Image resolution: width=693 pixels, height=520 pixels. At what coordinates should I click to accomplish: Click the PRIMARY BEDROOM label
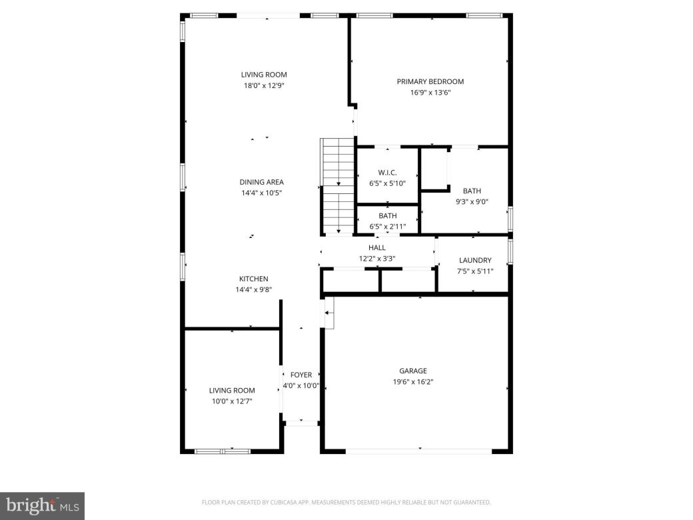(430, 81)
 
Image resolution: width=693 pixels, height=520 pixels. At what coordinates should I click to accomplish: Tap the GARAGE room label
(413, 371)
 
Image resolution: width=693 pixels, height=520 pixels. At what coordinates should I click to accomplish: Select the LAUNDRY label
(475, 260)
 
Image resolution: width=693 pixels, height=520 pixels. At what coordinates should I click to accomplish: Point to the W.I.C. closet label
(387, 172)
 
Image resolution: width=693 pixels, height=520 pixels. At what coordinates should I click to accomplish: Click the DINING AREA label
(262, 182)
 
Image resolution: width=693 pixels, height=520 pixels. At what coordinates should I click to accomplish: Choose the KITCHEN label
(254, 279)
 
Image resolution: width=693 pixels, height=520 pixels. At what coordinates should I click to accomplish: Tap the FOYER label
(301, 375)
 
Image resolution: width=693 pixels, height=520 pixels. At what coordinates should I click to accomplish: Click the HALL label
(377, 247)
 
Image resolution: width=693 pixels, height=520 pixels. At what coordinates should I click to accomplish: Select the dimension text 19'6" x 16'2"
(413, 382)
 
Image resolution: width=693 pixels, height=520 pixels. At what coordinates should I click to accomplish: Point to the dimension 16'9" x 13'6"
(430, 93)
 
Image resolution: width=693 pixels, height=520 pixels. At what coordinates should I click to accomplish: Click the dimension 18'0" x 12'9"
(264, 85)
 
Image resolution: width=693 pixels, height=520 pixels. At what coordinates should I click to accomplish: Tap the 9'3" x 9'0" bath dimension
(472, 202)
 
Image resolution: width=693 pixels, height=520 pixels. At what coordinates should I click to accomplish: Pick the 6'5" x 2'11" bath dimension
(388, 227)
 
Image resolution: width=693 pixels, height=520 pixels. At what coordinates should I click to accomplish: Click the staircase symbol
(338, 185)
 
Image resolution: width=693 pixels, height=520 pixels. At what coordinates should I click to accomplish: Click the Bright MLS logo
(41, 505)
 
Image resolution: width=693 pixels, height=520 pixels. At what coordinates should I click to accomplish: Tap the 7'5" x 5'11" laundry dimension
(475, 271)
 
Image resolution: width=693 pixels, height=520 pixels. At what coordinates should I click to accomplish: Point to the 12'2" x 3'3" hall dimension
(377, 259)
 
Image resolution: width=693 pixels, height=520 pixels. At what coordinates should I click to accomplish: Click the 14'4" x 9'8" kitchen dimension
(254, 290)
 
